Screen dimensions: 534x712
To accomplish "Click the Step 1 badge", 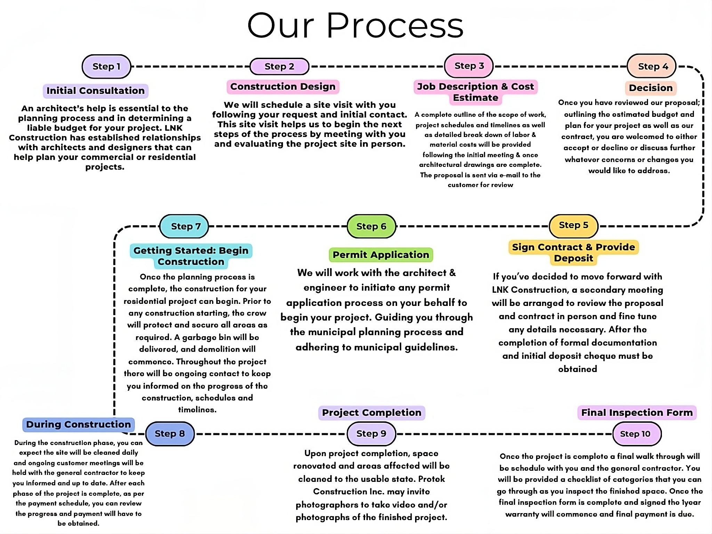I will tap(106, 66).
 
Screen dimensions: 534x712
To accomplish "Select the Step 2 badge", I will tap(280, 66).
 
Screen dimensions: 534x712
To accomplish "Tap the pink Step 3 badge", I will tap(469, 66).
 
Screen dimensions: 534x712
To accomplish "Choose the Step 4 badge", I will tap(652, 66).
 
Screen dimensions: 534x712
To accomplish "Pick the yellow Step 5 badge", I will tap(574, 225).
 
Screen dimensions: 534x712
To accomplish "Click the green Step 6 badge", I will tap(371, 226).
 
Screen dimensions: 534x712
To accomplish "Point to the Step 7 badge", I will tap(184, 226).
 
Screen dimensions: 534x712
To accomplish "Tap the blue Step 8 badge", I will tap(170, 434).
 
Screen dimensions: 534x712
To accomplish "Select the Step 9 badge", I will tap(371, 434).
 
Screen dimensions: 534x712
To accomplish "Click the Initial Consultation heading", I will tap(96, 91).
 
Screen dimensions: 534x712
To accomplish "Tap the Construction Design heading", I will tap(283, 87).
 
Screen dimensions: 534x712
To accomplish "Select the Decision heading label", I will tap(651, 88).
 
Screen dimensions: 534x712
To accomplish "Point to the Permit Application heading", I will tap(381, 255).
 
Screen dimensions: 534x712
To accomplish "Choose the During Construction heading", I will tap(79, 424).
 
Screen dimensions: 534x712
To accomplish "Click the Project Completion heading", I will tap(371, 413).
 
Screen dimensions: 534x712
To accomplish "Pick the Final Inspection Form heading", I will tap(637, 413).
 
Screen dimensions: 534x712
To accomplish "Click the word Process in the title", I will tap(395, 26).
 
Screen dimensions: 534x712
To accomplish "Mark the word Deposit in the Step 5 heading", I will tap(574, 258).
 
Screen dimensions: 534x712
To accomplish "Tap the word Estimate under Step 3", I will tap(476, 98).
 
